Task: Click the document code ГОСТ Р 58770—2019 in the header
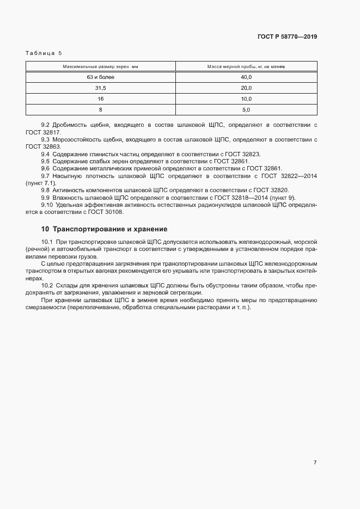(286, 36)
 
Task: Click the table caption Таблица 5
(44, 53)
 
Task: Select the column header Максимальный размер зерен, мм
(100, 66)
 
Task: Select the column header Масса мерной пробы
(246, 66)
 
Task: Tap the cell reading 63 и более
(100, 77)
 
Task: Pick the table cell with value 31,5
(100, 88)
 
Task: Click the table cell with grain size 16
(100, 99)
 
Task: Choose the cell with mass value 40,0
(246, 77)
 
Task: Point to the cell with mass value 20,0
(246, 88)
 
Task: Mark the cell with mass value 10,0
(246, 99)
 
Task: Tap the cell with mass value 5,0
(246, 110)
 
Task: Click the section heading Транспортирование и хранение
(104, 229)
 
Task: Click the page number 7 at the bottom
(315, 462)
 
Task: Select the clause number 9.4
(45, 154)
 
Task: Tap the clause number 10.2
(47, 285)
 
